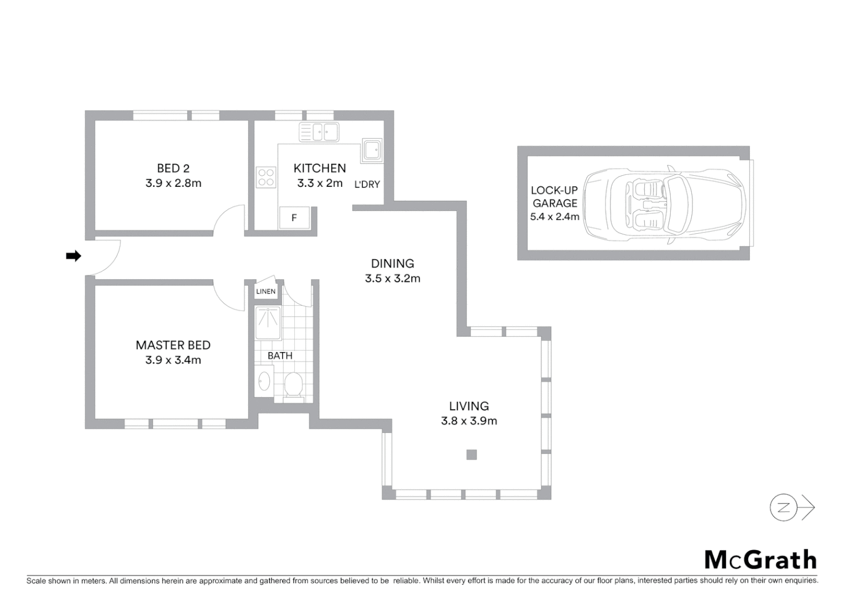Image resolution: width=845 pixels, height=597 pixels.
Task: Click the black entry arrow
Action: point(74,256)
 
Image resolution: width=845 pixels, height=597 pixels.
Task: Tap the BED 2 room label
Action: point(173,168)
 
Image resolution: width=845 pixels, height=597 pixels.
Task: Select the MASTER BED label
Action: point(173,345)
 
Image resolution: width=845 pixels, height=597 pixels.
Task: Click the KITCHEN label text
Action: point(320,168)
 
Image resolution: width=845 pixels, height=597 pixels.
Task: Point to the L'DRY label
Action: point(367,185)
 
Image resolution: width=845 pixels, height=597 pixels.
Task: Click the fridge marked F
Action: point(294,218)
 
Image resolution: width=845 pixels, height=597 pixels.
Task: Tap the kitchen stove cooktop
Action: point(266,177)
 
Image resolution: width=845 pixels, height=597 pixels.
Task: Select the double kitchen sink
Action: point(319,132)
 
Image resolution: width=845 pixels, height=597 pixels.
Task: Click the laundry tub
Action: point(371,149)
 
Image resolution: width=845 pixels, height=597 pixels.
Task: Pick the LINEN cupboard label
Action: point(266,291)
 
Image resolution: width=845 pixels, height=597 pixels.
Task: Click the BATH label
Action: point(280,355)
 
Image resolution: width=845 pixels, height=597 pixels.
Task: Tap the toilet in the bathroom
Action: point(293,384)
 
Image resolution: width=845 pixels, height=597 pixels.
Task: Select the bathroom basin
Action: point(264,381)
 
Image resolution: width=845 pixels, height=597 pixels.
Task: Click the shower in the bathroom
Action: point(268,323)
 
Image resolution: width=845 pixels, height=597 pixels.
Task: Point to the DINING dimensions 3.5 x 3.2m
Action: point(393,279)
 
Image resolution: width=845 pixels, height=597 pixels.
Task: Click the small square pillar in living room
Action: point(471,455)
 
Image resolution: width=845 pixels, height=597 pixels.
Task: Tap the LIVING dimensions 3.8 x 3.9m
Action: point(469,421)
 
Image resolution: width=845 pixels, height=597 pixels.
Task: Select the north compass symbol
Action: point(784,507)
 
